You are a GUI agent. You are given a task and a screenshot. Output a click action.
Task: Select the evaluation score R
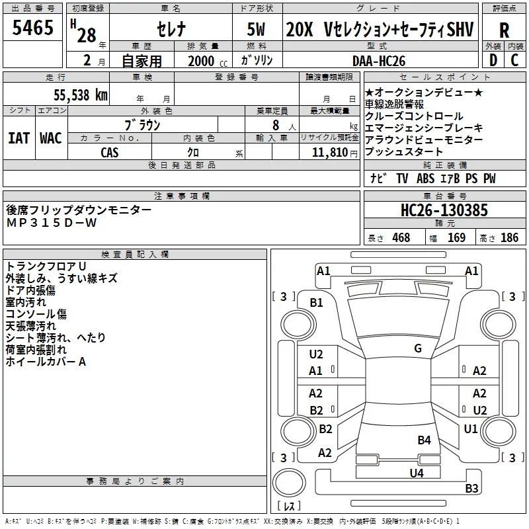(x=505, y=30)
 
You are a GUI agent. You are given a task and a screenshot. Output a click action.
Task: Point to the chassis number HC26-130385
(x=444, y=211)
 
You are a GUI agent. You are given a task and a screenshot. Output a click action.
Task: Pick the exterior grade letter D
(x=493, y=60)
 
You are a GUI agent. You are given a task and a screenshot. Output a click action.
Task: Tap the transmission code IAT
(x=19, y=138)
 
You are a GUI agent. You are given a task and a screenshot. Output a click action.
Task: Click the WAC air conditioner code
(x=50, y=138)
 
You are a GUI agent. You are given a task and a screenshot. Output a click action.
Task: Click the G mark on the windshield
(x=418, y=348)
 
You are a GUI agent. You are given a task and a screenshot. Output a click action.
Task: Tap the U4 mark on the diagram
(x=416, y=473)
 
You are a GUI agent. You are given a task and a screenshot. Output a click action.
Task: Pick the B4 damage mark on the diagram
(x=424, y=440)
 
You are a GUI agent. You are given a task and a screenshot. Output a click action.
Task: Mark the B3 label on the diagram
(x=471, y=489)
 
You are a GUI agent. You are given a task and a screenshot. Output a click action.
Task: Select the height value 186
(x=509, y=237)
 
